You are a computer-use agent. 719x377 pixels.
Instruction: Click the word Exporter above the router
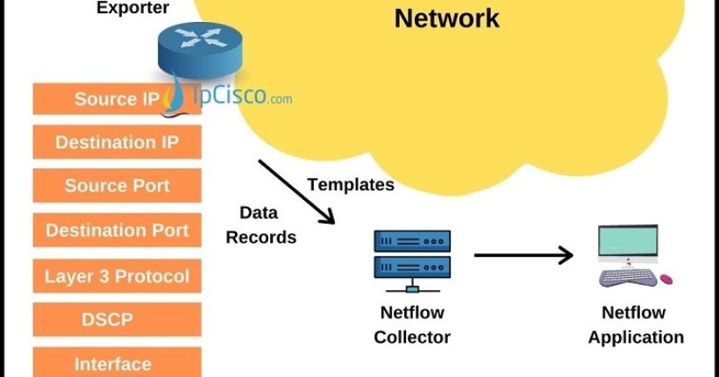(132, 9)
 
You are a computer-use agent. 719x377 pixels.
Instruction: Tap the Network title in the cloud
(446, 18)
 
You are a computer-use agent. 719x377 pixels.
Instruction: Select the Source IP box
(117, 99)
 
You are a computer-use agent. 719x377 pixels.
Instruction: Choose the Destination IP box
(117, 142)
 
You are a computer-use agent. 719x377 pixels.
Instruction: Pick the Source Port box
(117, 186)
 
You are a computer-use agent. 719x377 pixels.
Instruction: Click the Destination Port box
(117, 231)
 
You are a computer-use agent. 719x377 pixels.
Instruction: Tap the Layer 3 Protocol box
(117, 276)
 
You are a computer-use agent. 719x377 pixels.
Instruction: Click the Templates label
(351, 185)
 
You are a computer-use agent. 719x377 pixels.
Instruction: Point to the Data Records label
(261, 225)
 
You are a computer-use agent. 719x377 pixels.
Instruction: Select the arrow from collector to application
(523, 255)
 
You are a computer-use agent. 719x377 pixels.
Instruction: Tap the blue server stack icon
(411, 257)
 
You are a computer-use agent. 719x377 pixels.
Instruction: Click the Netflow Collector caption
(412, 324)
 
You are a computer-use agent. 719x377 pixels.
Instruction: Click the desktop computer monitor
(627, 244)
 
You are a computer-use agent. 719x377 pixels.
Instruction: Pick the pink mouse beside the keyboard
(666, 280)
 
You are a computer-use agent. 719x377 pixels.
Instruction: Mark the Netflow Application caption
(636, 324)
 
